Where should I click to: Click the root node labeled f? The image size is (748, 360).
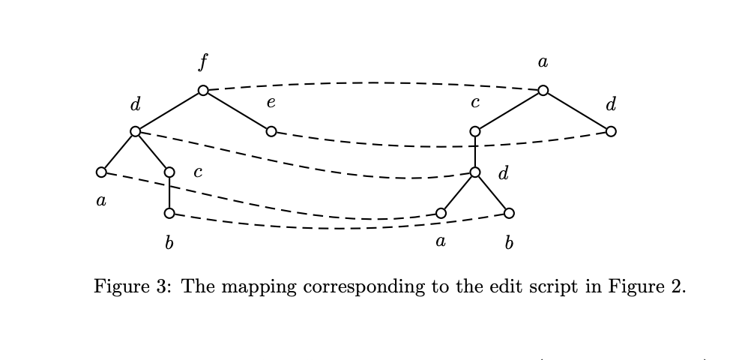click(x=203, y=91)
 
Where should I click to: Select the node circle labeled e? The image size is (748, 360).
click(x=271, y=131)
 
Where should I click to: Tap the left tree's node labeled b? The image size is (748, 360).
click(x=169, y=214)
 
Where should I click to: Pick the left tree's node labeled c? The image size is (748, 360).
click(x=169, y=172)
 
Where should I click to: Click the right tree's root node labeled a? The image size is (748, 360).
click(x=543, y=91)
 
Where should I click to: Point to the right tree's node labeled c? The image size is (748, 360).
click(x=475, y=131)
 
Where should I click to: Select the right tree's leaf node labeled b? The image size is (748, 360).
click(x=509, y=214)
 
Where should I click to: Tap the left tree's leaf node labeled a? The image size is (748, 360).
click(x=101, y=172)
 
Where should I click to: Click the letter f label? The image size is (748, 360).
click(x=203, y=62)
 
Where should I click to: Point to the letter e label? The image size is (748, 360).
click(x=271, y=103)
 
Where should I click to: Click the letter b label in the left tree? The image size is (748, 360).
click(x=169, y=243)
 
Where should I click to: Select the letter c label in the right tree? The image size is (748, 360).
click(x=475, y=103)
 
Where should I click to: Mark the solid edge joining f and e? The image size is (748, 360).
click(x=237, y=111)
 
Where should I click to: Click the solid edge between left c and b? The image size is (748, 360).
click(x=169, y=193)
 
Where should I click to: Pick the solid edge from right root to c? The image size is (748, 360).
click(x=510, y=111)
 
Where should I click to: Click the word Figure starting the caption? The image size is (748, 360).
click(x=119, y=287)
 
